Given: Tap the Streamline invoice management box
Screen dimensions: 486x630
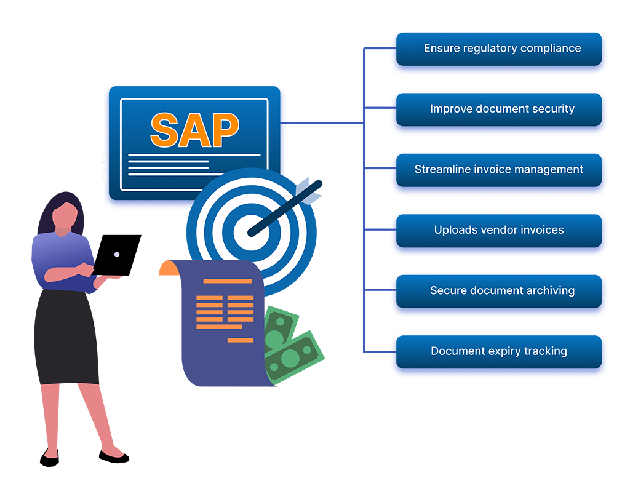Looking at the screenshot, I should (498, 170).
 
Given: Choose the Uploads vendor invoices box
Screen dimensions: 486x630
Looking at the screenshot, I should (498, 231).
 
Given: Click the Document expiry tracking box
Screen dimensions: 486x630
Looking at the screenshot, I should (498, 352).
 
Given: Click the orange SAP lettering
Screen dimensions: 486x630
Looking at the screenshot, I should (194, 129).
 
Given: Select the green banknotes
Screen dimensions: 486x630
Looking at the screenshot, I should (289, 345).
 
